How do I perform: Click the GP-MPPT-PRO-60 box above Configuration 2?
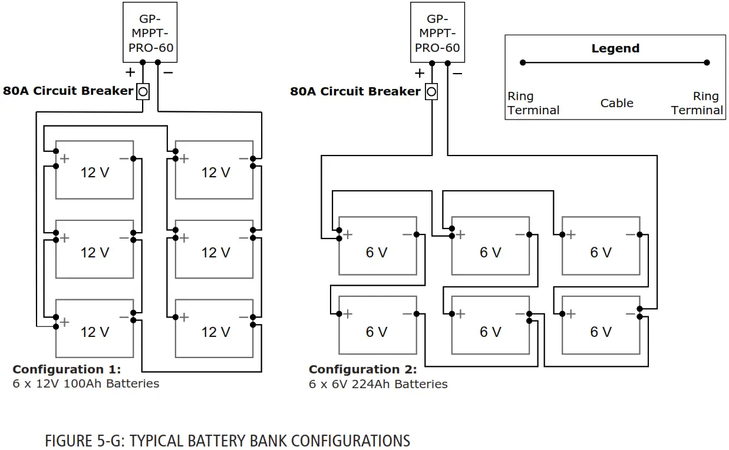(x=437, y=32)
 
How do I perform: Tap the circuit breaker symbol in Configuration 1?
(x=143, y=92)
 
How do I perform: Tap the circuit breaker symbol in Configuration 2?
(x=431, y=92)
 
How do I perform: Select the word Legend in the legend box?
(x=615, y=49)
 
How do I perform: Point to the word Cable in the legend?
(x=616, y=103)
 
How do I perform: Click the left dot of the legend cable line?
(x=523, y=62)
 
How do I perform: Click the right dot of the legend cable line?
(x=707, y=62)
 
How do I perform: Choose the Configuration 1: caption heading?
(x=67, y=369)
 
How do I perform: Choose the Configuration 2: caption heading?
(x=362, y=370)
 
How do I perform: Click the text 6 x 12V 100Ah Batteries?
(x=86, y=383)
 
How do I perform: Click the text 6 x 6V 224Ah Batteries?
(x=378, y=384)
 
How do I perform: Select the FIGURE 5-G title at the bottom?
(x=227, y=441)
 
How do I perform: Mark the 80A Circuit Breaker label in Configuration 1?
(x=68, y=91)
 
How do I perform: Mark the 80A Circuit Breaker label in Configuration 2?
(x=355, y=91)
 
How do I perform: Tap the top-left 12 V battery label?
(x=95, y=173)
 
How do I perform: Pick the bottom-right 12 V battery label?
(x=216, y=332)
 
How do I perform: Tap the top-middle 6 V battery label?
(x=490, y=252)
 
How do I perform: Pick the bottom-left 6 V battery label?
(x=377, y=332)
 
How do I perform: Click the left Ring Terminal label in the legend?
(x=533, y=103)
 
